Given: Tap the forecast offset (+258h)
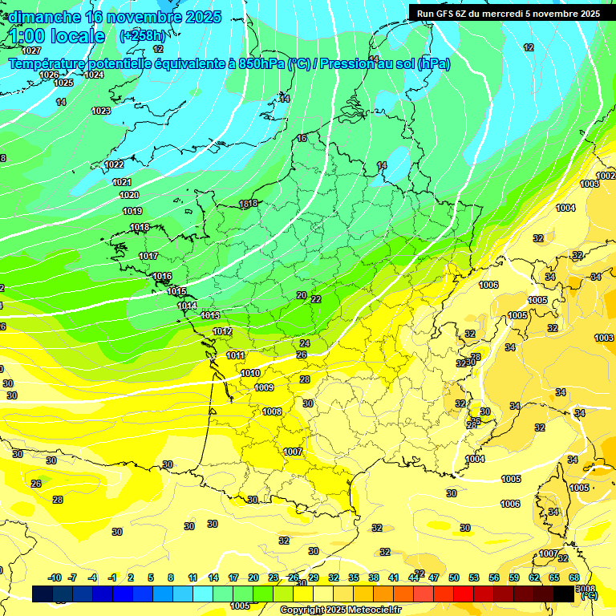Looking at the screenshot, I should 143,36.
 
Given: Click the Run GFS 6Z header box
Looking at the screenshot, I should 504,13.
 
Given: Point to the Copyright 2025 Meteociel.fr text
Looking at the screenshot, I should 340,610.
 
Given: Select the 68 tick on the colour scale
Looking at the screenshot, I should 574,577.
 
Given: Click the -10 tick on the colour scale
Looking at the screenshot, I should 55,577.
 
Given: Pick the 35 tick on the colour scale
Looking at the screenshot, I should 354,577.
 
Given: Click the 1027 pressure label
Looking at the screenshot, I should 31,73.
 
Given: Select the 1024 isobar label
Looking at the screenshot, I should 94,75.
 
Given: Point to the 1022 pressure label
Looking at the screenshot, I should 114,164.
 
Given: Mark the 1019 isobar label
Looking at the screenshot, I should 132,211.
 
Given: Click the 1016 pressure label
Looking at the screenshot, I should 162,276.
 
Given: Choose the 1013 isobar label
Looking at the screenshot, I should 210,315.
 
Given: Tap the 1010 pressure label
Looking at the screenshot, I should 250,373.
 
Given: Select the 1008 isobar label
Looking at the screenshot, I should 272,411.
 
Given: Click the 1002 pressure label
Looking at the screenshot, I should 606,176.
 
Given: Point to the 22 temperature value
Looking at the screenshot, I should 316,298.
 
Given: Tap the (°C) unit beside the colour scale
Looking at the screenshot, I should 590,595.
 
